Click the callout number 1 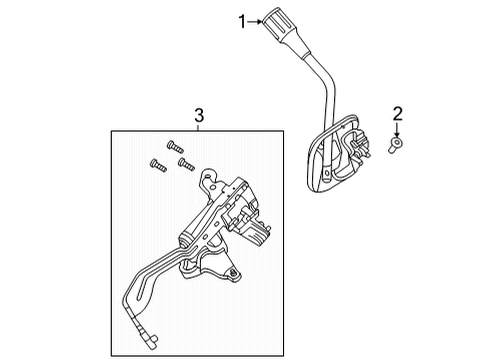[241, 19]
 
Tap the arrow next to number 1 [257, 19]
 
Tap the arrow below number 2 [397, 127]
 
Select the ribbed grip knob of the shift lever [278, 21]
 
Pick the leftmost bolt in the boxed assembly [155, 163]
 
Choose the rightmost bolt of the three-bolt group [183, 160]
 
